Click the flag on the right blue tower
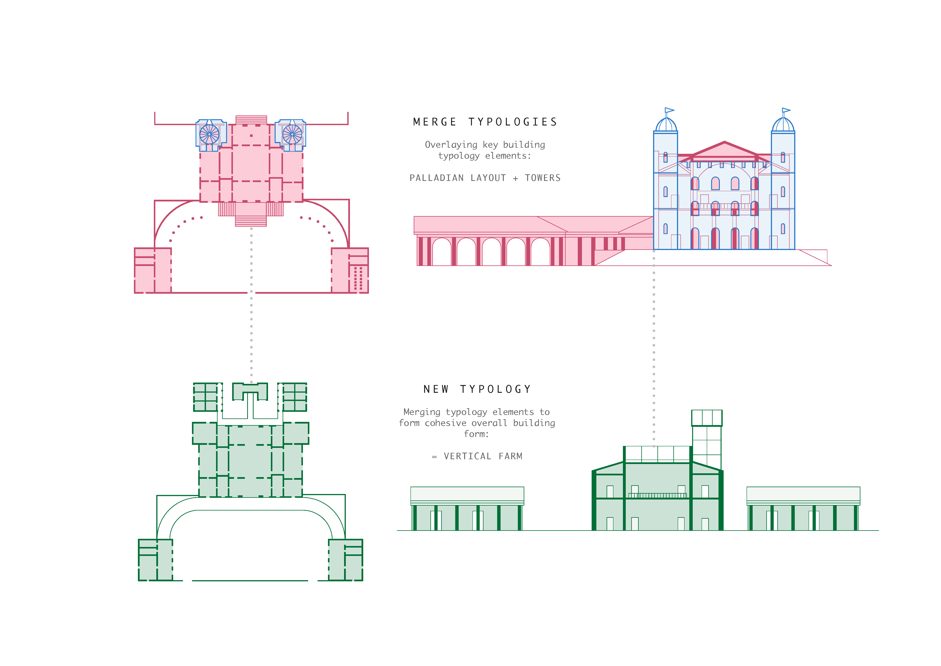pos(786,110)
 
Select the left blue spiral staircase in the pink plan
pos(209,134)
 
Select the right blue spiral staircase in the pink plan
pos(292,134)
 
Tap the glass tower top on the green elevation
pos(707,418)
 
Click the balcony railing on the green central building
pos(657,495)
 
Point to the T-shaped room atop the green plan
pos(250,393)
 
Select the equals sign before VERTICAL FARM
pos(434,456)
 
